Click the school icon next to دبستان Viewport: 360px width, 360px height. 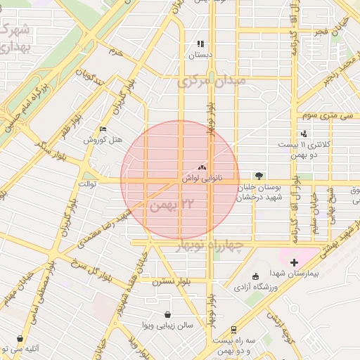click(x=200, y=43)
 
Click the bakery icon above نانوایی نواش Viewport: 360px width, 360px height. click(x=202, y=168)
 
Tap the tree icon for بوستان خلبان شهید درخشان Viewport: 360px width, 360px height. click(x=261, y=176)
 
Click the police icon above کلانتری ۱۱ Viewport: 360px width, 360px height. click(x=304, y=134)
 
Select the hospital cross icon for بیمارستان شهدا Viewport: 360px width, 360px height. click(x=294, y=262)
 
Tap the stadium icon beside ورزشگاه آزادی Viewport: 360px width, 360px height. click(x=255, y=276)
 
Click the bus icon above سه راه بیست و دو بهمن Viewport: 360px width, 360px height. click(x=234, y=329)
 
